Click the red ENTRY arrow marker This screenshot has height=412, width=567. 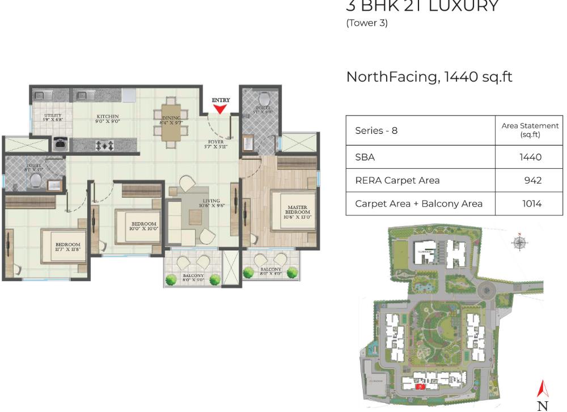221,109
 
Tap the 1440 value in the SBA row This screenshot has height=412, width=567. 530,157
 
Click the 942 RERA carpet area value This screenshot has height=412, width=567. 532,180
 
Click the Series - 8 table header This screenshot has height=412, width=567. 376,130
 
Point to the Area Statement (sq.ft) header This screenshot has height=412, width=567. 530,130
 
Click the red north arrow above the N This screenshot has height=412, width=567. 543,388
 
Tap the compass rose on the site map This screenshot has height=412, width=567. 519,243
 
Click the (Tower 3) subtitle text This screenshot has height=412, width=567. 367,23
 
